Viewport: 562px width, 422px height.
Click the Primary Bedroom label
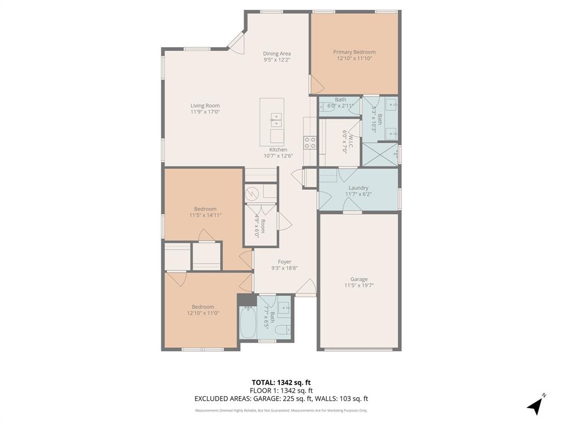click(354, 52)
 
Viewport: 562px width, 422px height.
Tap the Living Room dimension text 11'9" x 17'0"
click(205, 112)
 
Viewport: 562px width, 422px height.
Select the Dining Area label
click(277, 53)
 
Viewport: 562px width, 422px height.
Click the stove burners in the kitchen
click(310, 143)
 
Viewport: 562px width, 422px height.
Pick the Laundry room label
click(358, 188)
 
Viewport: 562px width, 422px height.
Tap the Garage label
click(359, 279)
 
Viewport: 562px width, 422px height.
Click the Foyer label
click(284, 262)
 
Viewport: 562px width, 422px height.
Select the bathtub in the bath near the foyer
click(248, 323)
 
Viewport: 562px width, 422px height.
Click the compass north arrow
click(536, 405)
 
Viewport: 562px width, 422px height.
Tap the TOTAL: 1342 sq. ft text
click(280, 382)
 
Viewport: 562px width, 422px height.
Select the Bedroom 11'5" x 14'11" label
click(205, 209)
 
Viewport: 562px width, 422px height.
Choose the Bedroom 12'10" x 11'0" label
click(203, 307)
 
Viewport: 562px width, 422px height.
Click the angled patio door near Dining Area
click(237, 42)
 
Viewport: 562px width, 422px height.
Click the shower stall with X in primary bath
click(380, 154)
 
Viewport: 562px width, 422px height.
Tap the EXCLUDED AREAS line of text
click(280, 399)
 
